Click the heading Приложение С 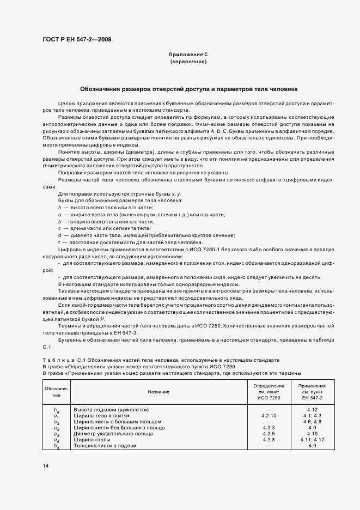[x=188, y=55]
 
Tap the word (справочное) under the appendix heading [x=188, y=62]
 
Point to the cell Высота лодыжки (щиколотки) [x=111, y=409]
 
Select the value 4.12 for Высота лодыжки [x=312, y=409]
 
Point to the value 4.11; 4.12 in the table [x=312, y=440]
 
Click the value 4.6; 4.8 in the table [x=312, y=421]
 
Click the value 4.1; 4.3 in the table [x=312, y=415]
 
